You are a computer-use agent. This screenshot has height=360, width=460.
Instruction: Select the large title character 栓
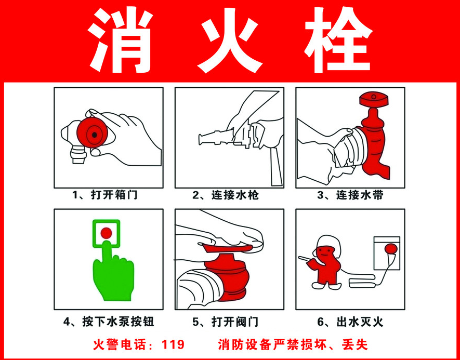coord(338,40)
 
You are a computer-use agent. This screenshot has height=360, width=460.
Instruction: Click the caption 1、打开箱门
coord(104,195)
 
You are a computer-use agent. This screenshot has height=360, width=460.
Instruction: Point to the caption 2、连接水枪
coord(226,195)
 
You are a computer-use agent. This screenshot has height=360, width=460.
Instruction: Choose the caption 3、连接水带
coord(350,195)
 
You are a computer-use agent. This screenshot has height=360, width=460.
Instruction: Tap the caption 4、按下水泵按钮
coord(109,322)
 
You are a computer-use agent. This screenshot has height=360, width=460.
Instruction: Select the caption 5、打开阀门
coord(225,322)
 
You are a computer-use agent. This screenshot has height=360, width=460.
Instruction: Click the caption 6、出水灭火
coord(350,322)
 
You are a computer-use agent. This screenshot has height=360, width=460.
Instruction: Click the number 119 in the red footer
coord(173,344)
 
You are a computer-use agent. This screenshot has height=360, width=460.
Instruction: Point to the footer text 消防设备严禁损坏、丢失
coord(293,344)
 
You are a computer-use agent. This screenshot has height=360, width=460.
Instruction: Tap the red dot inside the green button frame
coord(106,233)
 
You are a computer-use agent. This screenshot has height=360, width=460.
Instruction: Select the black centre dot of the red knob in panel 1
coord(94,135)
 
